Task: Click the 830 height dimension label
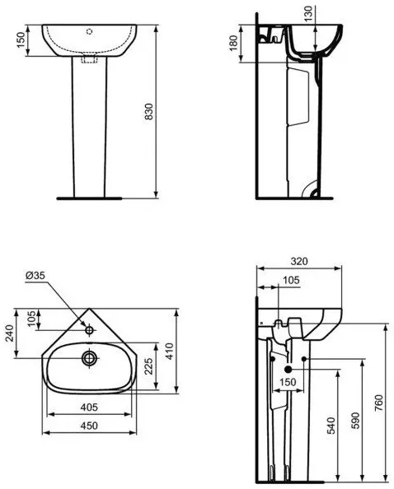pos(149,111)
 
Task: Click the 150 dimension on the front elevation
pos(21,40)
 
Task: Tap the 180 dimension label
pos(233,44)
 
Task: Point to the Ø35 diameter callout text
pos(35,275)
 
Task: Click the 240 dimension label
pos(9,333)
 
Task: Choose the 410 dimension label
pos(169,352)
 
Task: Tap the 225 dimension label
pos(148,366)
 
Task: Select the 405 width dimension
pos(89,407)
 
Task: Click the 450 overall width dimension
pos(89,426)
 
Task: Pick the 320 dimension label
pos(299,261)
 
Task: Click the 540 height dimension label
pos(331,425)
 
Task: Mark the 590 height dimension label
pos(355,421)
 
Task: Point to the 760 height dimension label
pos(378,403)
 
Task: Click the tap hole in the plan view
pos(90,329)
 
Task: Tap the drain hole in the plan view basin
pos(90,358)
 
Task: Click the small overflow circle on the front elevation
pos(90,31)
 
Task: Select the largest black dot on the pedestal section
pos(288,370)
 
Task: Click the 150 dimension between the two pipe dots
pos(288,382)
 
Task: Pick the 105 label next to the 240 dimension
pos(31,318)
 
